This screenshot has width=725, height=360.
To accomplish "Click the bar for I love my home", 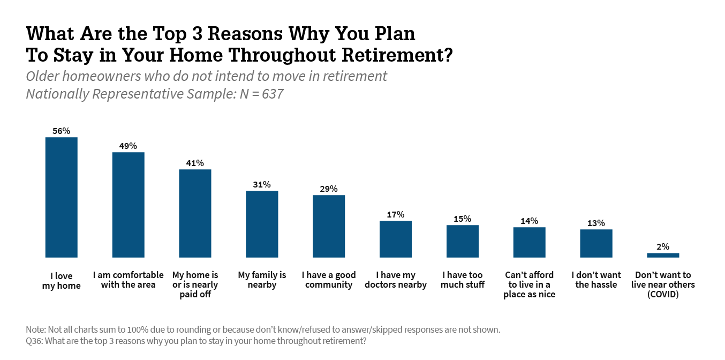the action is tap(62, 198).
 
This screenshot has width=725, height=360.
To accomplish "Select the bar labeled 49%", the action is tap(128, 205).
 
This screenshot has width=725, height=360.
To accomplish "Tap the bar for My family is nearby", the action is tap(262, 224).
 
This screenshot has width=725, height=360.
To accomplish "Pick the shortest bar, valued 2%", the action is tap(663, 256).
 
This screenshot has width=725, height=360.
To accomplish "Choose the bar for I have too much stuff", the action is tap(463, 241).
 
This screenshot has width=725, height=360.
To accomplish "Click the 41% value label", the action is tap(195, 163).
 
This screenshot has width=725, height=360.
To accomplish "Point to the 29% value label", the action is tap(329, 189).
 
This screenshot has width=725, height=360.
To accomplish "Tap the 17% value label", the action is tap(396, 214).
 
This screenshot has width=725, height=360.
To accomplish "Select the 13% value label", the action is tap(596, 223).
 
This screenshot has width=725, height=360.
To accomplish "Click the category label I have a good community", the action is tap(329, 280).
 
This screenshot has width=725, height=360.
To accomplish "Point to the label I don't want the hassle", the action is tap(596, 280).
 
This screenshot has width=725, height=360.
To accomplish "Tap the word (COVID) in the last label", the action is tap(663, 294).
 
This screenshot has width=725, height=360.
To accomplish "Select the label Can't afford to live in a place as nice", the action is tap(529, 284).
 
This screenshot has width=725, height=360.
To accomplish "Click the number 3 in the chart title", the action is tap(197, 33).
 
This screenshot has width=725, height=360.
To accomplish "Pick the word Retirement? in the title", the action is tap(397, 55).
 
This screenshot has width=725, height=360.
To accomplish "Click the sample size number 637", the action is tap(273, 94).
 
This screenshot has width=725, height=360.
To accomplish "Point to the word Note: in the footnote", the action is tap(36, 329).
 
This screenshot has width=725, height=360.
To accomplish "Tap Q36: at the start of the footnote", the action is tap(34, 341).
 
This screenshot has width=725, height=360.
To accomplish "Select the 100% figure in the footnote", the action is tap(138, 329).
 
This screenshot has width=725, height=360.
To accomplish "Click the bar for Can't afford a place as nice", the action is tap(529, 243).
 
